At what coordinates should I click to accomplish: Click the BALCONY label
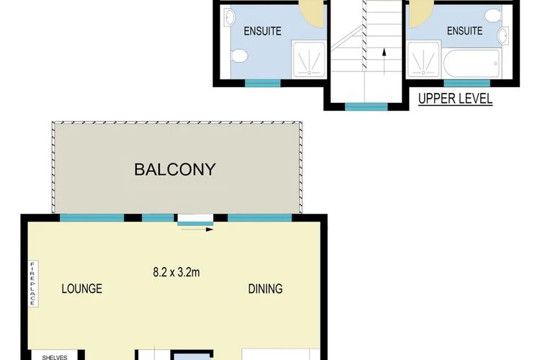coord(175,170)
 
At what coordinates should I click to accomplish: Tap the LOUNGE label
coord(81,289)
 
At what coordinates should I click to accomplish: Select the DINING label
coord(265,289)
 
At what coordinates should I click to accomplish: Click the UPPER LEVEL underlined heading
coord(456,99)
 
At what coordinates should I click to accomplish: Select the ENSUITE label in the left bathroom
coord(262,31)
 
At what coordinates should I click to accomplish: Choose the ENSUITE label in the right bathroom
coord(464,31)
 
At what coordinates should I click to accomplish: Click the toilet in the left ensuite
coord(240,55)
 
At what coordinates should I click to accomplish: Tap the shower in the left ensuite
coord(309,57)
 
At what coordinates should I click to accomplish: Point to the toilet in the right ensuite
coord(492,15)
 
